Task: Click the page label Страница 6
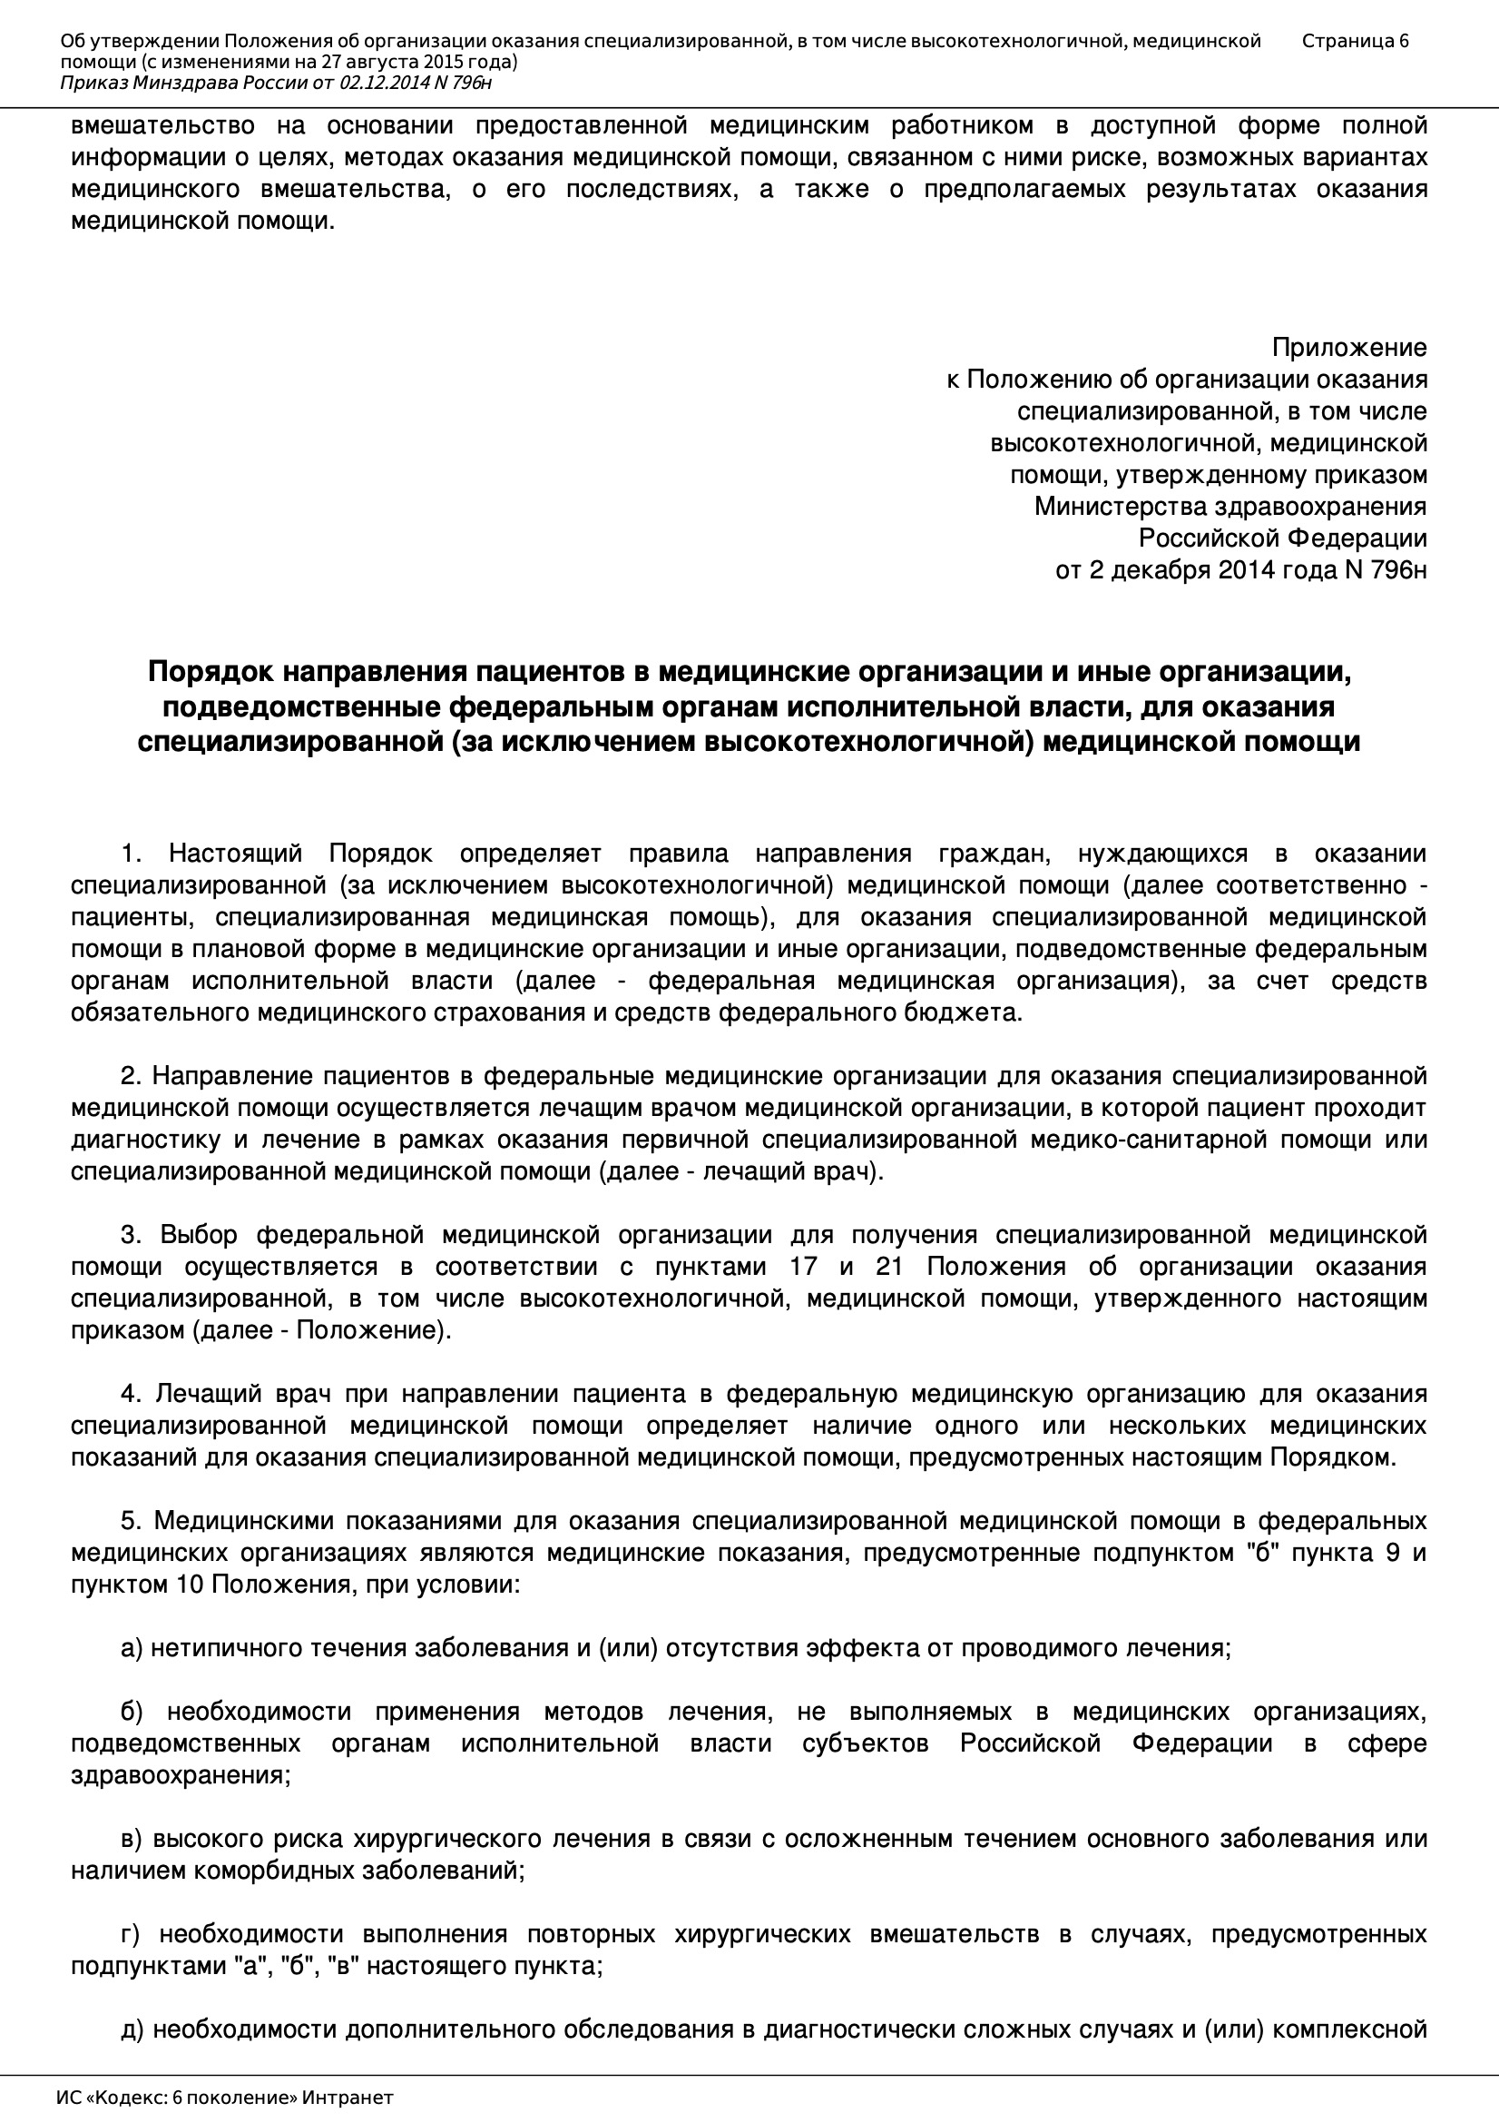pos(1355,41)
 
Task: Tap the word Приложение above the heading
pos(1348,348)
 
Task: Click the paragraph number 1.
pos(131,854)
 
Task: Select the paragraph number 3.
pos(131,1235)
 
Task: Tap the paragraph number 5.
pos(131,1521)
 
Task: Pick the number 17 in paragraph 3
pos(804,1267)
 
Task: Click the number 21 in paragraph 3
pos(887,1267)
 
